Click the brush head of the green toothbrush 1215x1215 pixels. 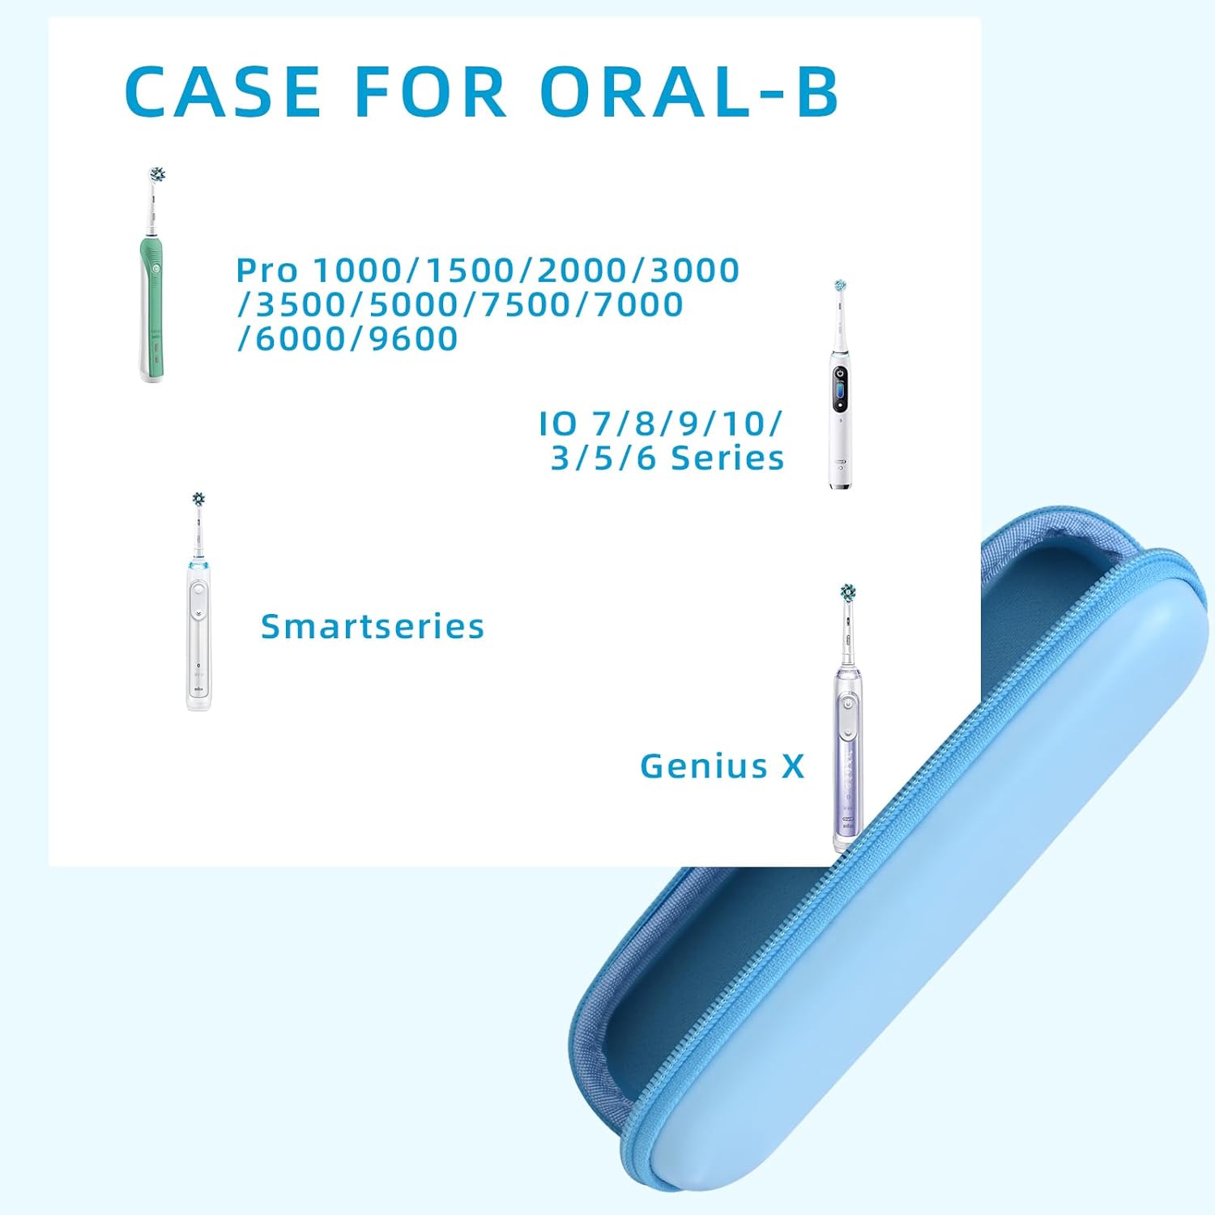(157, 175)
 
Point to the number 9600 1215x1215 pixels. (413, 339)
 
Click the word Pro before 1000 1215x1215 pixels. (267, 270)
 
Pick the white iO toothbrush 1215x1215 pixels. (841, 405)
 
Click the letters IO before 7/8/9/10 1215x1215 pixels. (558, 423)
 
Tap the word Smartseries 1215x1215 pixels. (373, 626)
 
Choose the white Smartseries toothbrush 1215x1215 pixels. (199, 632)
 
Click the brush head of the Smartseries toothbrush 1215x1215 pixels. (198, 500)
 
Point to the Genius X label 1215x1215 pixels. (722, 766)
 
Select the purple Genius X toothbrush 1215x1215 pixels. (847, 745)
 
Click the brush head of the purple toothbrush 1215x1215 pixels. (848, 593)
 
